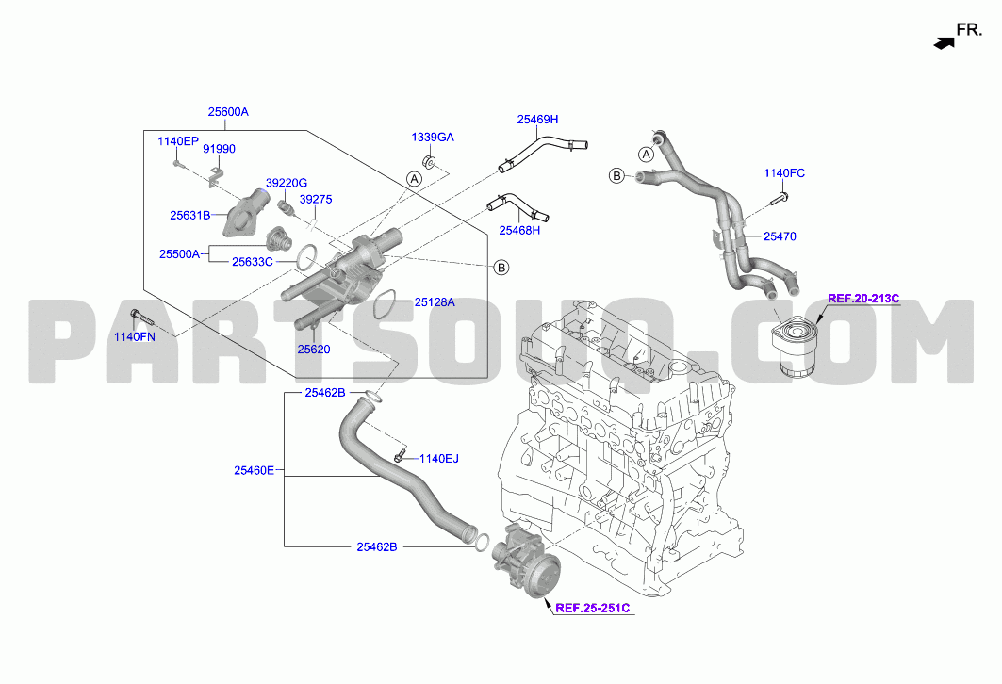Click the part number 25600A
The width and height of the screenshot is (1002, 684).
point(228,112)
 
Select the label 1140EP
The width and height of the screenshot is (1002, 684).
point(178,141)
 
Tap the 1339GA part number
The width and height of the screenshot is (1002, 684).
point(433,138)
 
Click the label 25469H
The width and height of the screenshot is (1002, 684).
point(537,120)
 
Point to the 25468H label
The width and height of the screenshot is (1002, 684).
point(519,231)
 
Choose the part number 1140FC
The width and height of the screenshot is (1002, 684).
point(785,173)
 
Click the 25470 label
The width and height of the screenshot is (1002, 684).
point(780,236)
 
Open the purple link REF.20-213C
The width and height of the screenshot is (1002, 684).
point(863,299)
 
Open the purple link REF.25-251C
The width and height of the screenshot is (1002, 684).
point(592,608)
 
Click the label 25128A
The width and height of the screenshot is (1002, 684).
point(435,302)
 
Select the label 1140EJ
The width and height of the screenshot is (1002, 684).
point(439,459)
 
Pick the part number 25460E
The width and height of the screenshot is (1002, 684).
point(254,471)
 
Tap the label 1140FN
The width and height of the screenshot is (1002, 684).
point(135,336)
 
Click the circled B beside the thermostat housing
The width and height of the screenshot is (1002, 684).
point(501,268)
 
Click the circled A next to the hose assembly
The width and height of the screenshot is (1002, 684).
point(647,155)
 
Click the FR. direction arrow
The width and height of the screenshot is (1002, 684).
point(944,42)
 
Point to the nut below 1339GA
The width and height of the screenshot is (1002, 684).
point(430,161)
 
